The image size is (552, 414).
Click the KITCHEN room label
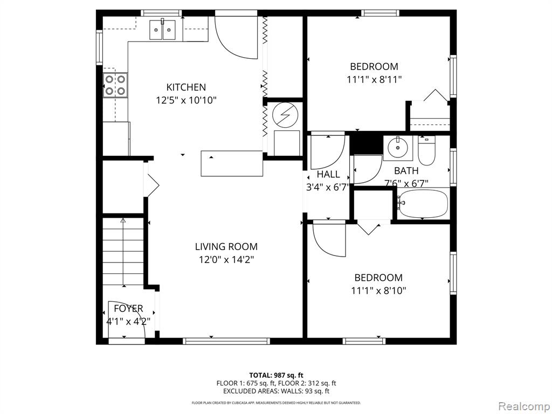click(186, 87)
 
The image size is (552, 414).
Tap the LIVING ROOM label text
click(226, 246)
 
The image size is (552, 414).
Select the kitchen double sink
click(163, 30)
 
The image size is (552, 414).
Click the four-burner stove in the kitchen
click(115, 85)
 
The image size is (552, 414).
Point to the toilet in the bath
click(427, 151)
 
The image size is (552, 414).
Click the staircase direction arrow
click(123, 252)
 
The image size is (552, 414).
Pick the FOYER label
click(128, 308)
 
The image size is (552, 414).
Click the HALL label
click(328, 174)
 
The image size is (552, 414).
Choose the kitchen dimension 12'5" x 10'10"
click(186, 100)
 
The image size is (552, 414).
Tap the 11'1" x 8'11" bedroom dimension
click(374, 80)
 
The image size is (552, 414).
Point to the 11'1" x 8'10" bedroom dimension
click(378, 291)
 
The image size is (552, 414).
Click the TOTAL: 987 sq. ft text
click(276, 375)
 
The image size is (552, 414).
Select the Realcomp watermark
click(523, 406)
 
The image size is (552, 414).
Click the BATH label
click(406, 171)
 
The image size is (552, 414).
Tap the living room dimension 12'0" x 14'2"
click(226, 260)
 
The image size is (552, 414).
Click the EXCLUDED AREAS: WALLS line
click(276, 391)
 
